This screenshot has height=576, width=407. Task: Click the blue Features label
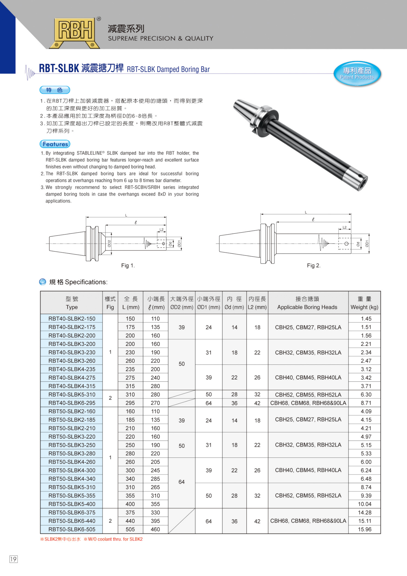pos(55,144)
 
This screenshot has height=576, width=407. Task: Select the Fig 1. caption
pos(128,265)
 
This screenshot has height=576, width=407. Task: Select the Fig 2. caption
pos(314,265)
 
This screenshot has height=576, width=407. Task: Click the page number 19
pos(14,559)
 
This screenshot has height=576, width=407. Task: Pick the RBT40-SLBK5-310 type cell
pos(72,394)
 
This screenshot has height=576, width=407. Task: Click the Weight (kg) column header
pos(364,303)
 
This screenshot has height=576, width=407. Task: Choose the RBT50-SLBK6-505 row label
pos(72,529)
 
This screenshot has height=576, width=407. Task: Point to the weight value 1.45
pos(366,319)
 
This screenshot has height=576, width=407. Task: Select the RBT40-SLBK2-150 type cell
pos(72,319)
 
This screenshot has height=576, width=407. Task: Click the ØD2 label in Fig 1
pos(109,244)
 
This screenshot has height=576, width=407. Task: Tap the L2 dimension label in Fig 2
pos(344,227)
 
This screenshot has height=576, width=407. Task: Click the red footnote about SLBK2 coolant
pos(91,539)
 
